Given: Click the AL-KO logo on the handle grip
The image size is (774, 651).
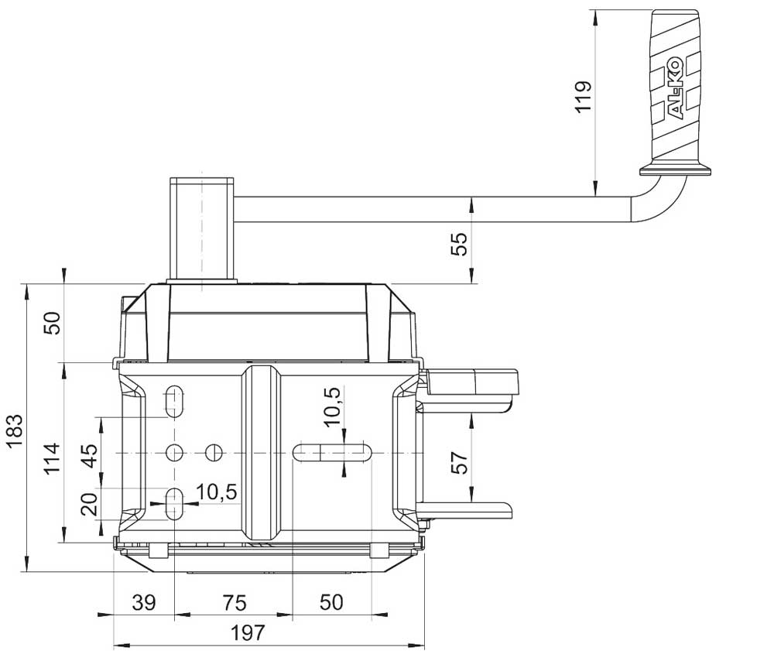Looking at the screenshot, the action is (675, 89).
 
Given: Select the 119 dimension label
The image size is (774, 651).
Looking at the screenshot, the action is (584, 97).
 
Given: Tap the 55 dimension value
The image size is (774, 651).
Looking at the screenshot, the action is (459, 243).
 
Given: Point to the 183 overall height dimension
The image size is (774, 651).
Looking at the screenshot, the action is (14, 430).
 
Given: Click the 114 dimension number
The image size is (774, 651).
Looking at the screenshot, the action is (53, 458).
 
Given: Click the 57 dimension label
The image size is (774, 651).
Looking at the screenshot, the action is (459, 462).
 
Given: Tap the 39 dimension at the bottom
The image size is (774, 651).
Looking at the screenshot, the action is (144, 603).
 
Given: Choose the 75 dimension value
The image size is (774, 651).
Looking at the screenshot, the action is (234, 603).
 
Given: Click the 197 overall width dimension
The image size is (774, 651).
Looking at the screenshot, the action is (248, 632).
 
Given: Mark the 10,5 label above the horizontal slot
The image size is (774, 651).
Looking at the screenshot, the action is (332, 406).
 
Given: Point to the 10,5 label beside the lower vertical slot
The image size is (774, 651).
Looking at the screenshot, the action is (217, 492).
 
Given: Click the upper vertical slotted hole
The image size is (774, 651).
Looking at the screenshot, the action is (174, 401).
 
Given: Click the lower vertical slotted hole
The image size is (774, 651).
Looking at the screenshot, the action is (174, 504).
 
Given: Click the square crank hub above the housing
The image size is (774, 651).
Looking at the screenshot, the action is (202, 230).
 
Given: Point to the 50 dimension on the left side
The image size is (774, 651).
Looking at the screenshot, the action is (53, 323).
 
